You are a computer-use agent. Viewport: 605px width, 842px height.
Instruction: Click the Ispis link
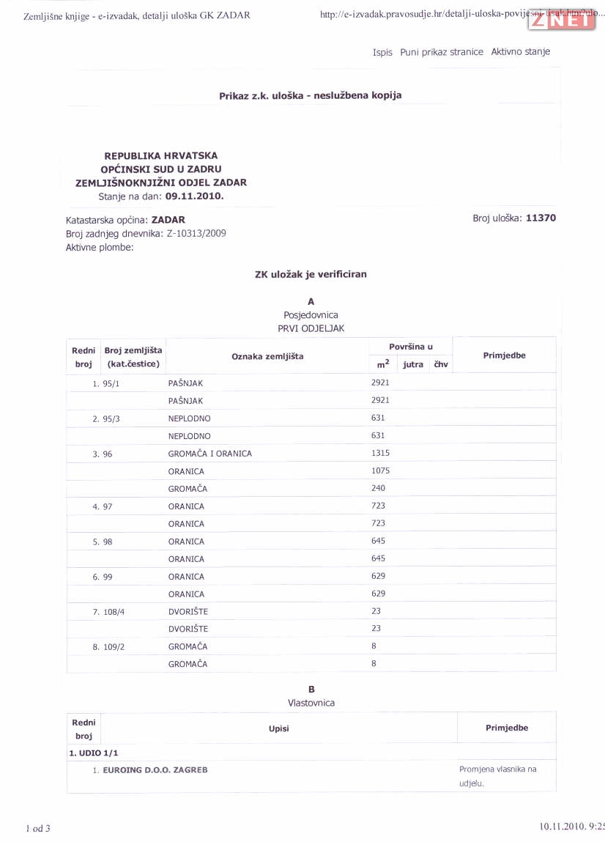pyautogui.click(x=382, y=53)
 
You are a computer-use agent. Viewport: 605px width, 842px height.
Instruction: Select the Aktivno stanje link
pyautogui.click(x=520, y=52)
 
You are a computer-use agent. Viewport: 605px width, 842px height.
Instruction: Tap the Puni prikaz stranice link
pyautogui.click(x=442, y=52)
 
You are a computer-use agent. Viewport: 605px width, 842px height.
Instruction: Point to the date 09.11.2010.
pyautogui.click(x=194, y=196)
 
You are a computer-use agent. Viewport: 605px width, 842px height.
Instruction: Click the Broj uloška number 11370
pyautogui.click(x=541, y=218)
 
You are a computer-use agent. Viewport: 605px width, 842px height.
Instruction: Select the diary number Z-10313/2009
pyautogui.click(x=196, y=233)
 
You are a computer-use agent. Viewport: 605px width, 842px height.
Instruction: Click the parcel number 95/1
pyautogui.click(x=111, y=383)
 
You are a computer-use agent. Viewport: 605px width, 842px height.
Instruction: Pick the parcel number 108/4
pyautogui.click(x=114, y=612)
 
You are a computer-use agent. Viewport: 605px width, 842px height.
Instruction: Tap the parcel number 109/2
pyautogui.click(x=114, y=647)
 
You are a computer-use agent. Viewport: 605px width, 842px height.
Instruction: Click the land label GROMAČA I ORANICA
pyautogui.click(x=209, y=454)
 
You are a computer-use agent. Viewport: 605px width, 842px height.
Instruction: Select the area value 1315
pyautogui.click(x=380, y=453)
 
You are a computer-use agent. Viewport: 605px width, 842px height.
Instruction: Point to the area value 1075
pyautogui.click(x=380, y=470)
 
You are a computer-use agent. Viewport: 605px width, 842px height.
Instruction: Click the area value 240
pyautogui.click(x=378, y=488)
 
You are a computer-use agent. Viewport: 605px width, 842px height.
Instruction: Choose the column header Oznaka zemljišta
pyautogui.click(x=267, y=356)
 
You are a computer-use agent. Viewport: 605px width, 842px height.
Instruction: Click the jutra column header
pyautogui.click(x=413, y=364)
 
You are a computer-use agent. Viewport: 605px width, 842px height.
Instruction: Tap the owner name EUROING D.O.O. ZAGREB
pyautogui.click(x=155, y=770)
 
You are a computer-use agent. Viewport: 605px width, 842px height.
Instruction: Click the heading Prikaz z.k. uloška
pyautogui.click(x=310, y=95)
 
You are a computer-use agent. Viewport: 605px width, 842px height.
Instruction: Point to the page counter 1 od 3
pyautogui.click(x=38, y=829)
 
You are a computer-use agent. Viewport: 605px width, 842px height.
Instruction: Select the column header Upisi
pyautogui.click(x=279, y=728)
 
